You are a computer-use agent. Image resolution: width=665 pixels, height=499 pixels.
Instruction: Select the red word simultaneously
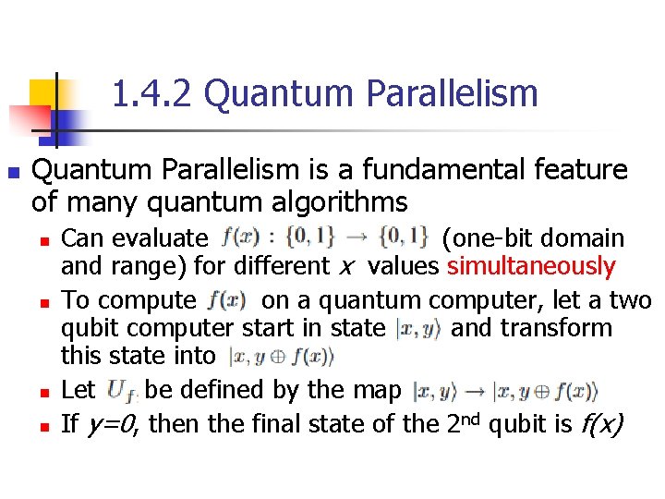click(530, 267)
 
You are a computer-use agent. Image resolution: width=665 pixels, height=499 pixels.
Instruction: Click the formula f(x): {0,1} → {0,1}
click(325, 237)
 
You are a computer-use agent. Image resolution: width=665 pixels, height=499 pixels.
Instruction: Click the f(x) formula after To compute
click(227, 299)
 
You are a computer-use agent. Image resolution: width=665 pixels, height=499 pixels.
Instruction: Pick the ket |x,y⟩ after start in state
click(418, 328)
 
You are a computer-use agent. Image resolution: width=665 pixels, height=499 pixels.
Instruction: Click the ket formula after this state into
click(281, 356)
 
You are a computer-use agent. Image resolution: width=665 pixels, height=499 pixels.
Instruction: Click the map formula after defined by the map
click(503, 391)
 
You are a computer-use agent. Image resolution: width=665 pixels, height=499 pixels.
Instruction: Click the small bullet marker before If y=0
click(44, 426)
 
